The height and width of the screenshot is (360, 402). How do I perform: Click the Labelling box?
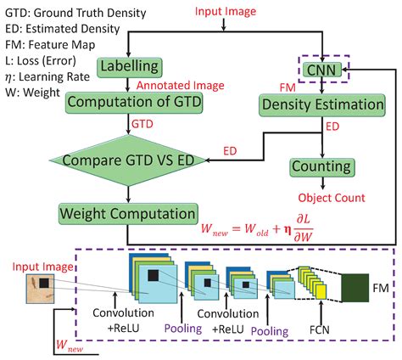click(x=130, y=68)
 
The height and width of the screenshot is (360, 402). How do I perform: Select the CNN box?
click(x=321, y=70)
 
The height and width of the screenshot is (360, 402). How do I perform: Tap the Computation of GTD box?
click(x=134, y=104)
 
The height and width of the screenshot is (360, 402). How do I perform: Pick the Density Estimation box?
click(x=322, y=105)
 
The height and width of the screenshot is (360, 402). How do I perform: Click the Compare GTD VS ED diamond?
click(x=128, y=160)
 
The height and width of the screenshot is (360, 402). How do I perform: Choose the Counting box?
click(x=322, y=167)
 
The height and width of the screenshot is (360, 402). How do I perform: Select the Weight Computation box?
click(x=128, y=214)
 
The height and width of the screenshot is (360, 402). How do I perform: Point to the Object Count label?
click(x=332, y=198)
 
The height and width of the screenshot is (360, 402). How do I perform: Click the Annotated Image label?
click(x=181, y=85)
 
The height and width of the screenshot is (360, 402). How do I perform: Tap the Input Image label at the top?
click(x=226, y=11)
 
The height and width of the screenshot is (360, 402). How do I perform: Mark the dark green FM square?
click(x=355, y=288)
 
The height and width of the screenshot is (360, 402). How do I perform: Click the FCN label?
click(x=320, y=329)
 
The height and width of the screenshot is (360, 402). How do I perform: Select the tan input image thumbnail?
click(x=40, y=289)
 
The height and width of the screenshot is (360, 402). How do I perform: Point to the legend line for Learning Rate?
click(x=47, y=76)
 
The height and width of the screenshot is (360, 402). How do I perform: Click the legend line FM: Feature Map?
click(x=50, y=45)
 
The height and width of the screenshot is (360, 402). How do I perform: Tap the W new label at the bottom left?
click(x=70, y=346)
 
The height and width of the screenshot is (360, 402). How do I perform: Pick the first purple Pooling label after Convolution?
click(x=183, y=329)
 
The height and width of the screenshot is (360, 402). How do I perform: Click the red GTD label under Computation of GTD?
click(x=142, y=124)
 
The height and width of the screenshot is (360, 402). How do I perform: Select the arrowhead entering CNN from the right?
click(x=344, y=69)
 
